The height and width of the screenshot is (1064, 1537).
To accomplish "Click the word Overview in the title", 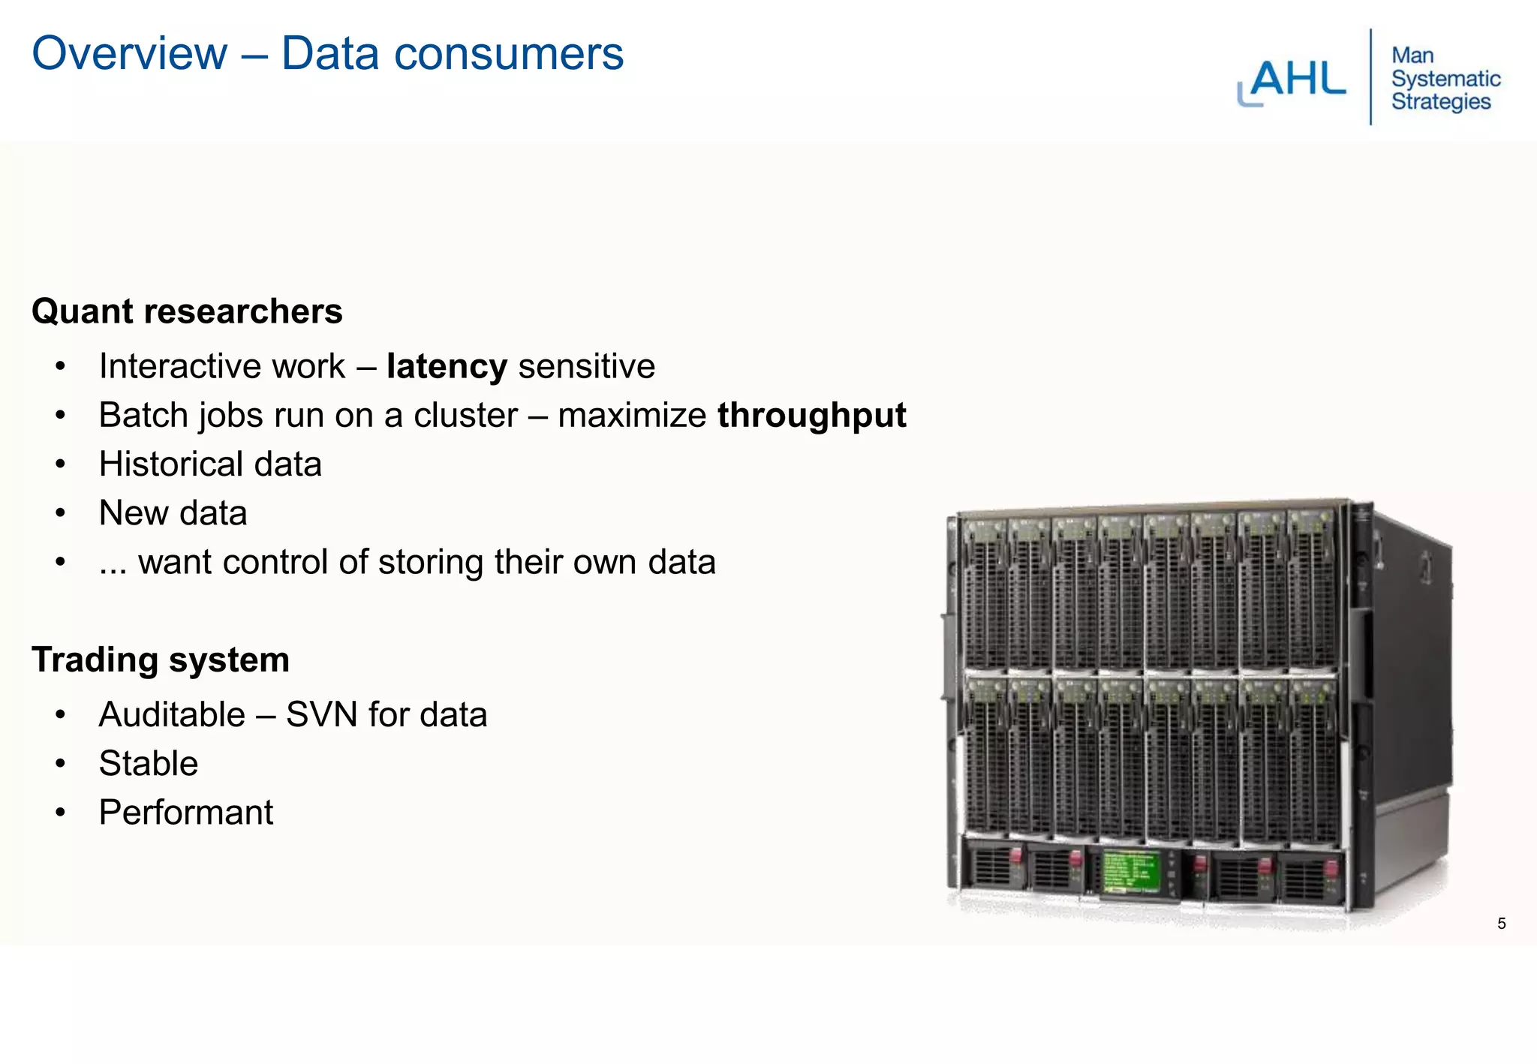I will (129, 54).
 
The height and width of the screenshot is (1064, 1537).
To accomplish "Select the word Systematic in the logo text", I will (1445, 79).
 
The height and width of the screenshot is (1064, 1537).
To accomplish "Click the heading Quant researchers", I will (187, 311).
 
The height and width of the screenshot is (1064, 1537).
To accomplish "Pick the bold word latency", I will (447, 366).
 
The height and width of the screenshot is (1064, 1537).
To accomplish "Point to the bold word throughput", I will (811, 415).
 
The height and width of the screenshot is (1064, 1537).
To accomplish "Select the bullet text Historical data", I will (210, 464).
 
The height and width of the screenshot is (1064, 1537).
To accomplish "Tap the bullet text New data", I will (173, 513).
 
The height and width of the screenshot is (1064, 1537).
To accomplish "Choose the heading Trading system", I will (161, 660).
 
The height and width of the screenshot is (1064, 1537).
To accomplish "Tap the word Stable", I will (149, 763).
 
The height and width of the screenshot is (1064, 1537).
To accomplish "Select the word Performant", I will (186, 813).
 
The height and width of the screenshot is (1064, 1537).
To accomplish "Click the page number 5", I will (1501, 924).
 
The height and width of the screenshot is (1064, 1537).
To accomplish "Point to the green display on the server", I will (1132, 873).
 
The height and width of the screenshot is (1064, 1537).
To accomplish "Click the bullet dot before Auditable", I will (61, 714).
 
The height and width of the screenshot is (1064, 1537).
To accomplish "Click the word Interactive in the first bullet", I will (180, 366).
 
